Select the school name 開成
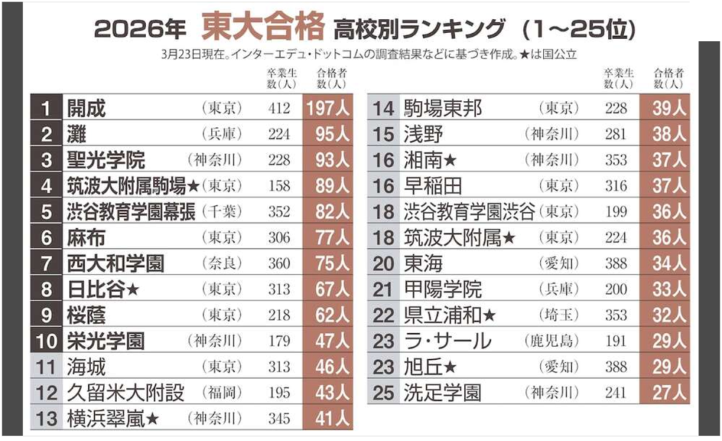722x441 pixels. (x=86, y=109)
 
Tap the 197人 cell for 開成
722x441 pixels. (x=327, y=109)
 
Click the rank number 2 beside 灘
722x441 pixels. (x=47, y=134)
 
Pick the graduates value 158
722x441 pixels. (x=279, y=186)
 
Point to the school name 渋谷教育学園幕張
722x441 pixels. (x=130, y=212)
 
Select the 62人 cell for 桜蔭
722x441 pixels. (x=327, y=315)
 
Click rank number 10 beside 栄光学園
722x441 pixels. (x=47, y=341)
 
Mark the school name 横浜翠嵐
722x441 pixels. (x=106, y=418)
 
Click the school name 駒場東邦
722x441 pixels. (x=443, y=109)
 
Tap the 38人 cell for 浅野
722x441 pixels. (x=664, y=134)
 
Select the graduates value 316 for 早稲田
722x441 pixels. (x=616, y=186)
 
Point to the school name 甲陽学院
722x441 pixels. (x=443, y=289)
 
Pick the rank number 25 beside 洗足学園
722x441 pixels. (x=384, y=392)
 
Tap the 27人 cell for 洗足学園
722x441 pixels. (x=664, y=392)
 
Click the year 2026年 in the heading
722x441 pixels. (x=140, y=29)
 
